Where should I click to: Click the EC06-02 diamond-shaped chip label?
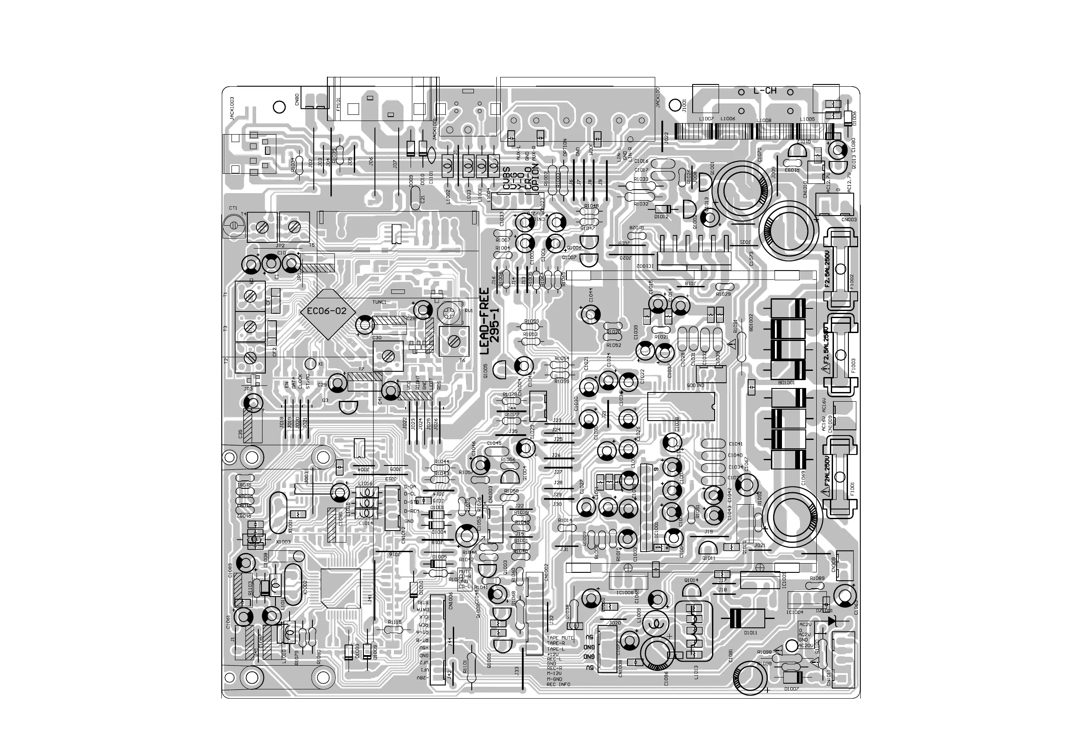point(330,311)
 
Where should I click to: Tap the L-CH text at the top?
point(764,91)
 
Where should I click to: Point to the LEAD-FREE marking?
point(484,321)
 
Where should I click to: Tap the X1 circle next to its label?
point(310,363)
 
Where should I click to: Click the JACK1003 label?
point(231,109)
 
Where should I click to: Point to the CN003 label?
point(849,220)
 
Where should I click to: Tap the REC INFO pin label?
point(558,684)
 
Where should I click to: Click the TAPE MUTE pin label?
point(560,638)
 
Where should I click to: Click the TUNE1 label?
point(379,302)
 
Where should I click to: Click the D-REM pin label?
point(411,511)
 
